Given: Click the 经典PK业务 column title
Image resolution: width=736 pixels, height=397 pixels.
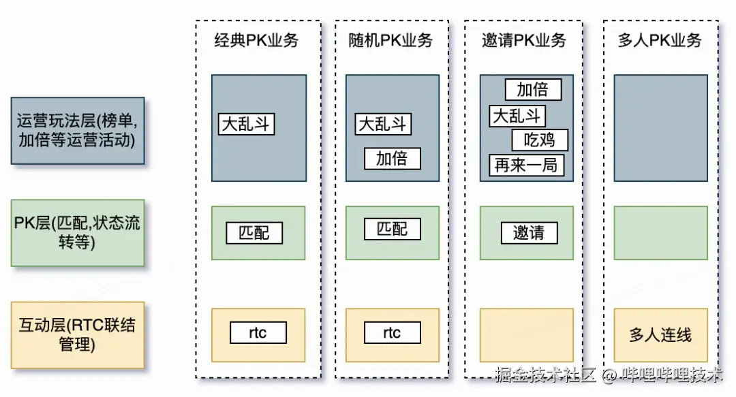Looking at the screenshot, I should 256,40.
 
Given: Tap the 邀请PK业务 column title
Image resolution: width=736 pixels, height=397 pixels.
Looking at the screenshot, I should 524,40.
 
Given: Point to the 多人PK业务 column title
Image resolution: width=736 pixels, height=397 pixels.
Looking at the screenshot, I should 660,40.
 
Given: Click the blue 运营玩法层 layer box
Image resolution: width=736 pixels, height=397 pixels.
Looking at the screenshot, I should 78,131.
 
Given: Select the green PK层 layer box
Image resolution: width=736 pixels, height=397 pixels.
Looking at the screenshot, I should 78,232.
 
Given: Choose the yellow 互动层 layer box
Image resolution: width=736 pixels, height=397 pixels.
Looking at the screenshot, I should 78,334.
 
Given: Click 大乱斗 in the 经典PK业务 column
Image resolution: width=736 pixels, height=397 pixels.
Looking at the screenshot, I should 247,125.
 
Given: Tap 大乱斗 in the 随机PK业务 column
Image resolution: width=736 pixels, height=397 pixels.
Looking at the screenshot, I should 383,124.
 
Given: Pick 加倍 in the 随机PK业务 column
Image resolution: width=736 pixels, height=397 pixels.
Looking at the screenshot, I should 392,159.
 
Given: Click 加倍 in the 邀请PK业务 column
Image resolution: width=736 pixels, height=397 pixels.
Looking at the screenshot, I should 533,90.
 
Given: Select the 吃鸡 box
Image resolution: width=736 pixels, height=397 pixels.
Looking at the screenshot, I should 540,140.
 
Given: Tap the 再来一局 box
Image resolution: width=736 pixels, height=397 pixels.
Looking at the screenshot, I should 526,165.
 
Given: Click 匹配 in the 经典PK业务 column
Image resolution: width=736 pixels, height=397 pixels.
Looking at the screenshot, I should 254,233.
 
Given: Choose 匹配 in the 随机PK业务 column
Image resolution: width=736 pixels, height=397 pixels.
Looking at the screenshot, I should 393,229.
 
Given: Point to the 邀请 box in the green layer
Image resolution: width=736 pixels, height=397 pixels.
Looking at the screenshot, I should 529,233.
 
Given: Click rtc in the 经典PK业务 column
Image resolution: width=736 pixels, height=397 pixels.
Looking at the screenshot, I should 258,333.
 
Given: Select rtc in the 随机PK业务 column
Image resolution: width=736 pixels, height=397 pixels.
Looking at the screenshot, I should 392,333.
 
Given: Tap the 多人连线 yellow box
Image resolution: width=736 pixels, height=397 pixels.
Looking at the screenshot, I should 660,335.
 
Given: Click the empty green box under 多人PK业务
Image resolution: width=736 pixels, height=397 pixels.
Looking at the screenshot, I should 660,233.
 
